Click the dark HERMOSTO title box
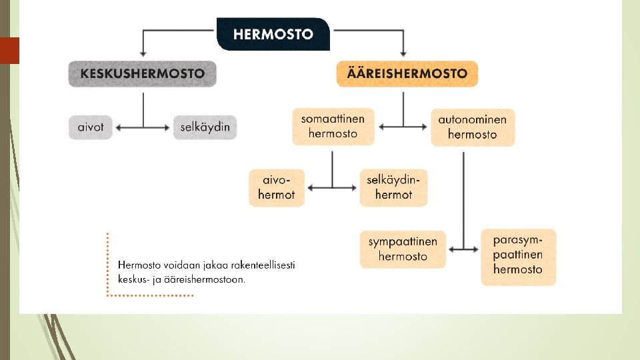[x=273, y=34]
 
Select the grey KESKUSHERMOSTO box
[x=142, y=74]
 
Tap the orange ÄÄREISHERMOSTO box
[x=407, y=74]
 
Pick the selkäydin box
[x=205, y=127]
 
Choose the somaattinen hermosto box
[x=333, y=126]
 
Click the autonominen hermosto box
[x=472, y=127]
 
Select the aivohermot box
[x=276, y=187]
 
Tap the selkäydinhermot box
[x=393, y=187]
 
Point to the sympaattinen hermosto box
[x=403, y=249]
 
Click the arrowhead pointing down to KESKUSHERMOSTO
[x=142, y=53]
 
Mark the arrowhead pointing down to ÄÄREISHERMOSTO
[x=403, y=53]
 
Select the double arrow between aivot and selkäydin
[x=143, y=127]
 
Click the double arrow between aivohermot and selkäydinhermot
[x=332, y=187]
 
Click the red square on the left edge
[x=9, y=50]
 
